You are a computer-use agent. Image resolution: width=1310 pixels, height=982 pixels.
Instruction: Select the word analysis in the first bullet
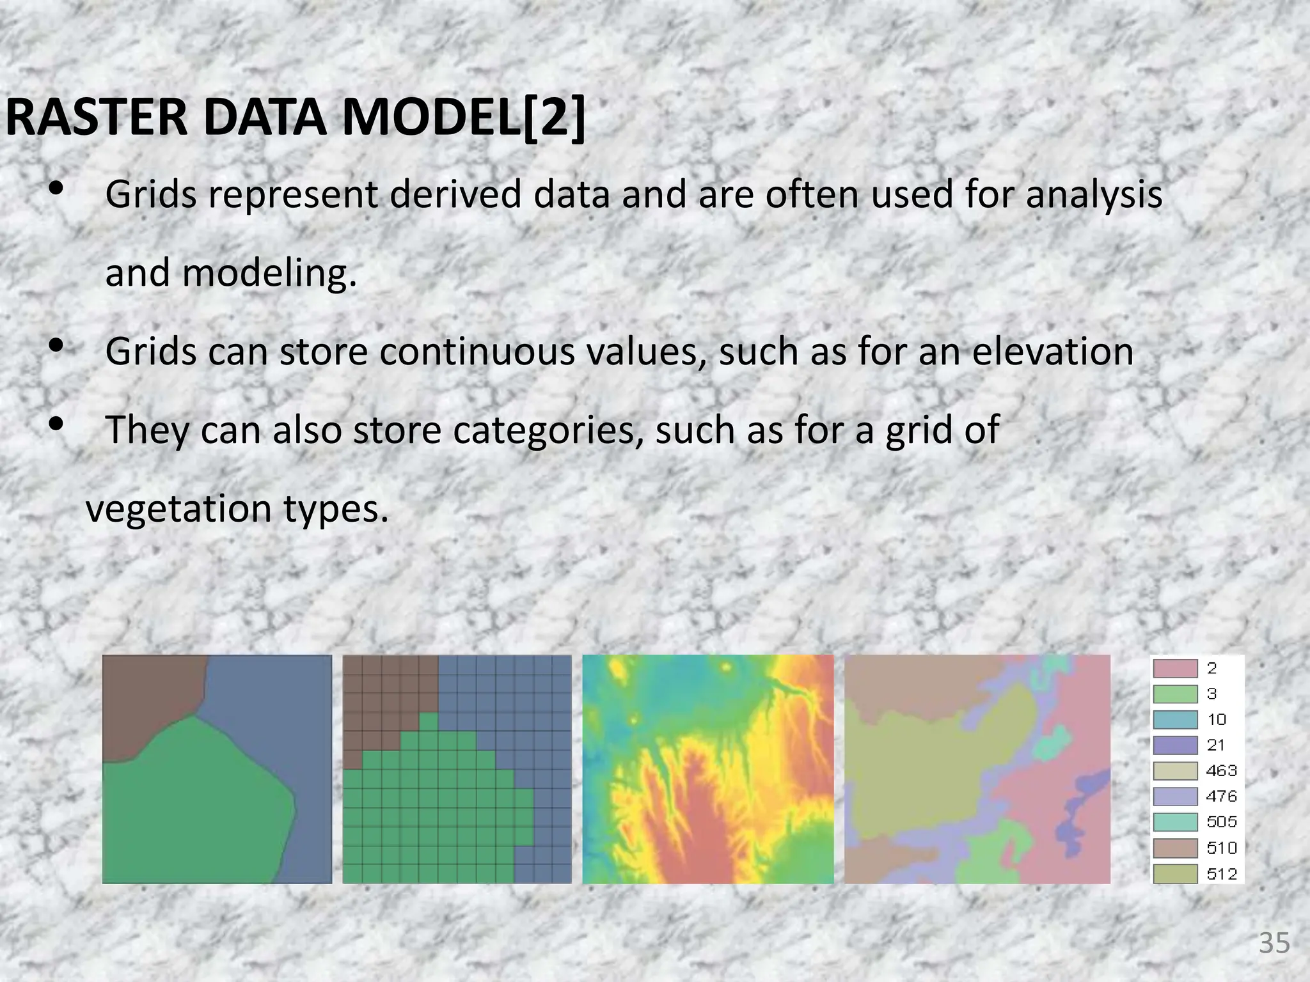(1094, 195)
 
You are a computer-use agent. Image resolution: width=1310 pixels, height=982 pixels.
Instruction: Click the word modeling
(269, 274)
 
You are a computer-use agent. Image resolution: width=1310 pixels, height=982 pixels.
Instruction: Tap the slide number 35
(1274, 943)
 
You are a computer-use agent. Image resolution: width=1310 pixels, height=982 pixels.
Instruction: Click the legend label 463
(1222, 771)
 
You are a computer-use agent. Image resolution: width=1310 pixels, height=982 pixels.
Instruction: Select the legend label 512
(1222, 874)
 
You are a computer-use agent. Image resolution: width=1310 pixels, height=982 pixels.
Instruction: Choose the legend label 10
(1217, 720)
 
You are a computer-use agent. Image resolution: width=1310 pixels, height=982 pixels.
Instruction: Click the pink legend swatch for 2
(1175, 669)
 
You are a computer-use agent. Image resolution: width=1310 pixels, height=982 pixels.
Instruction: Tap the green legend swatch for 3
(1175, 694)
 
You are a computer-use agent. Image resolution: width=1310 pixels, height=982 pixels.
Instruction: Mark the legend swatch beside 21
(1175, 745)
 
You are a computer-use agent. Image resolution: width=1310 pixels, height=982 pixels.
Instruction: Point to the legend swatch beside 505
(1175, 822)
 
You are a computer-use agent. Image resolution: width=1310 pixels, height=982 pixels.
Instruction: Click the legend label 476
(1222, 797)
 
